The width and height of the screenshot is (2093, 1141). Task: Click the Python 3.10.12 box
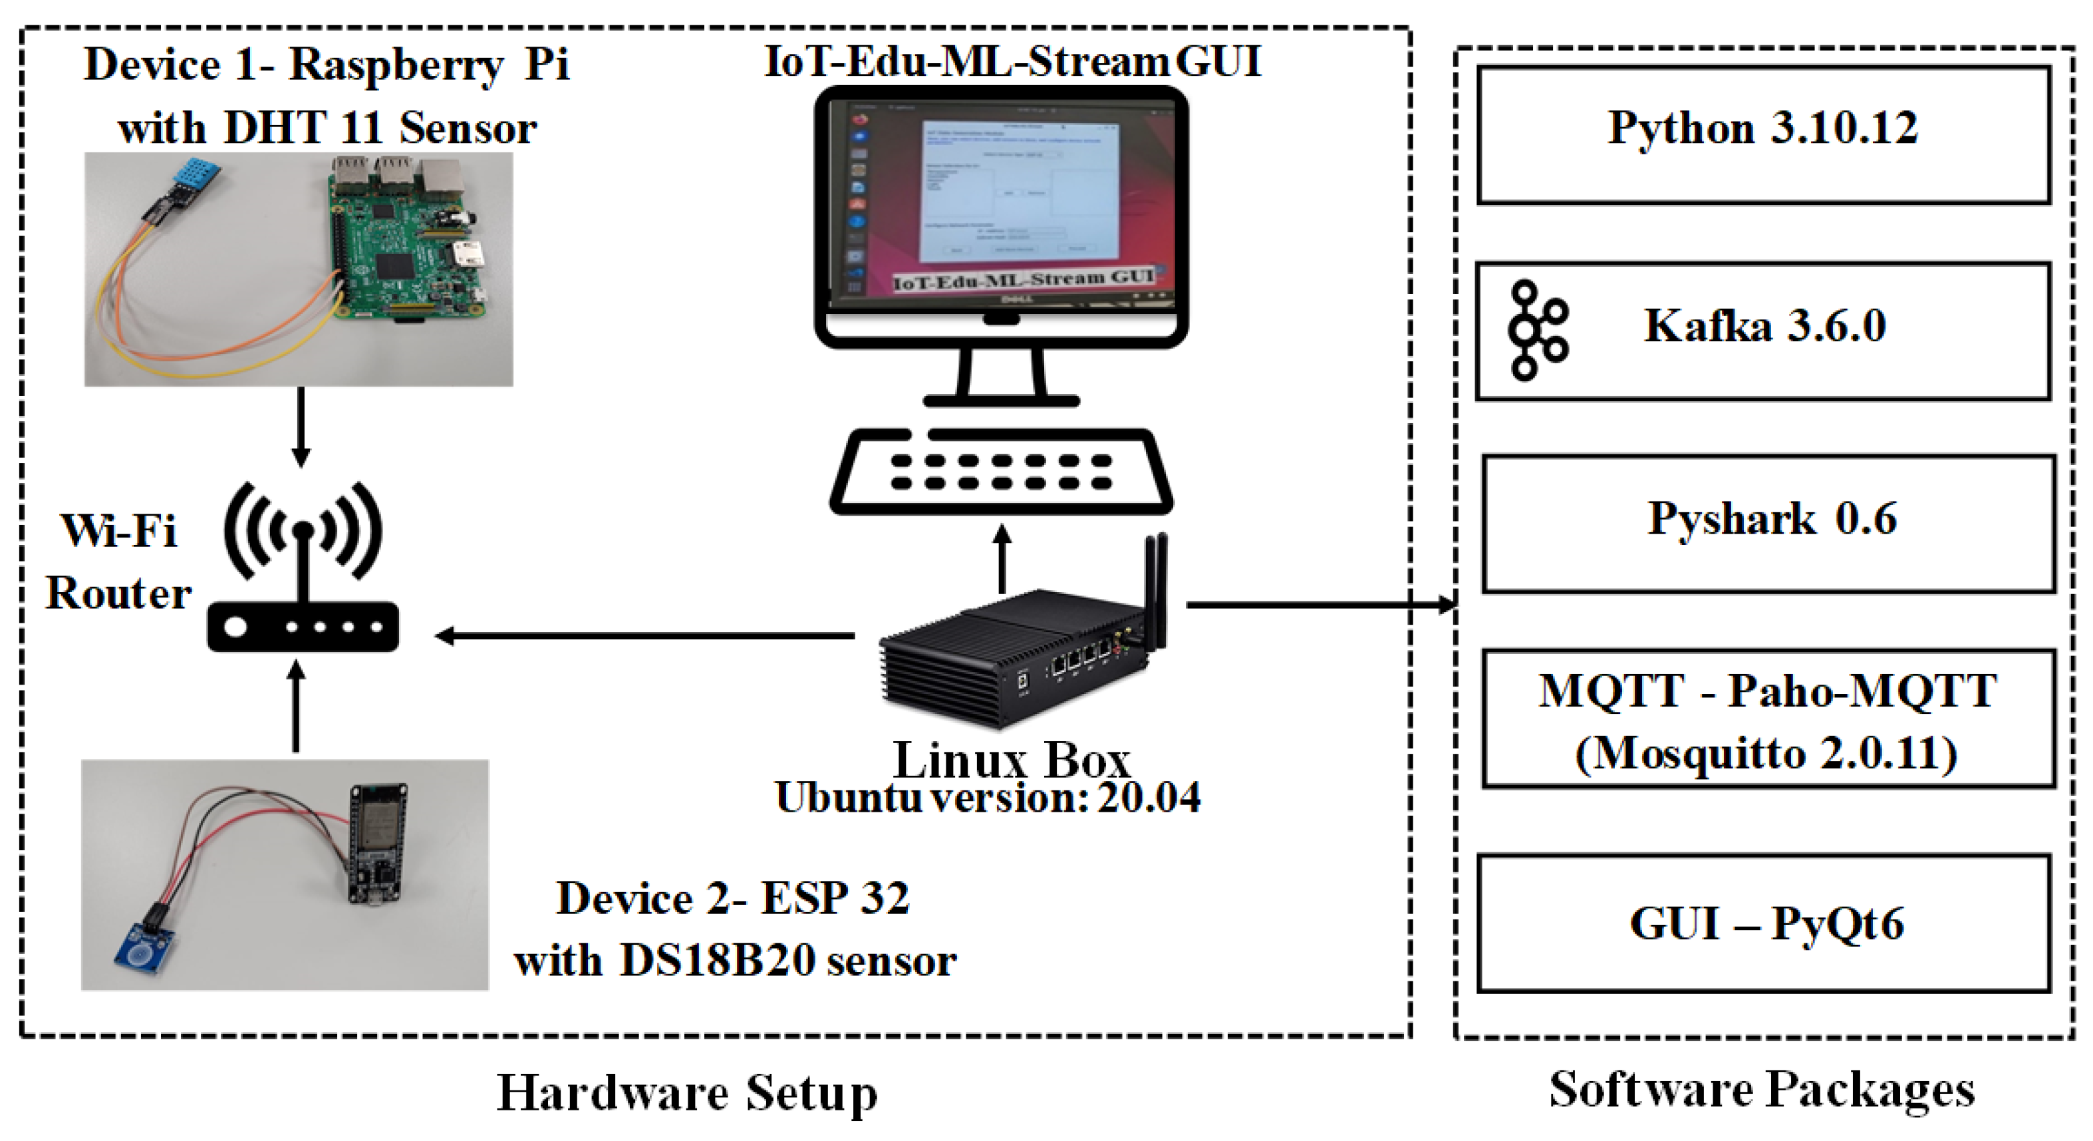coord(1763,134)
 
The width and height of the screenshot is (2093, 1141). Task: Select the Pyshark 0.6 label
coord(1771,518)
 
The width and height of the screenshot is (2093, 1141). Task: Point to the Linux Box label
coord(1012,760)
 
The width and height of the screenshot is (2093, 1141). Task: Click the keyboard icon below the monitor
coord(1001,471)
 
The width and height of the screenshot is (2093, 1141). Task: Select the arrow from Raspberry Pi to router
coord(301,426)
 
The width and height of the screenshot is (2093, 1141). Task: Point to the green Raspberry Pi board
coord(406,244)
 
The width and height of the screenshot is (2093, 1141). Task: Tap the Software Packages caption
coord(1762,1090)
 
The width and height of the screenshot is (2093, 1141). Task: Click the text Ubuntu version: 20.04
coord(987,798)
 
